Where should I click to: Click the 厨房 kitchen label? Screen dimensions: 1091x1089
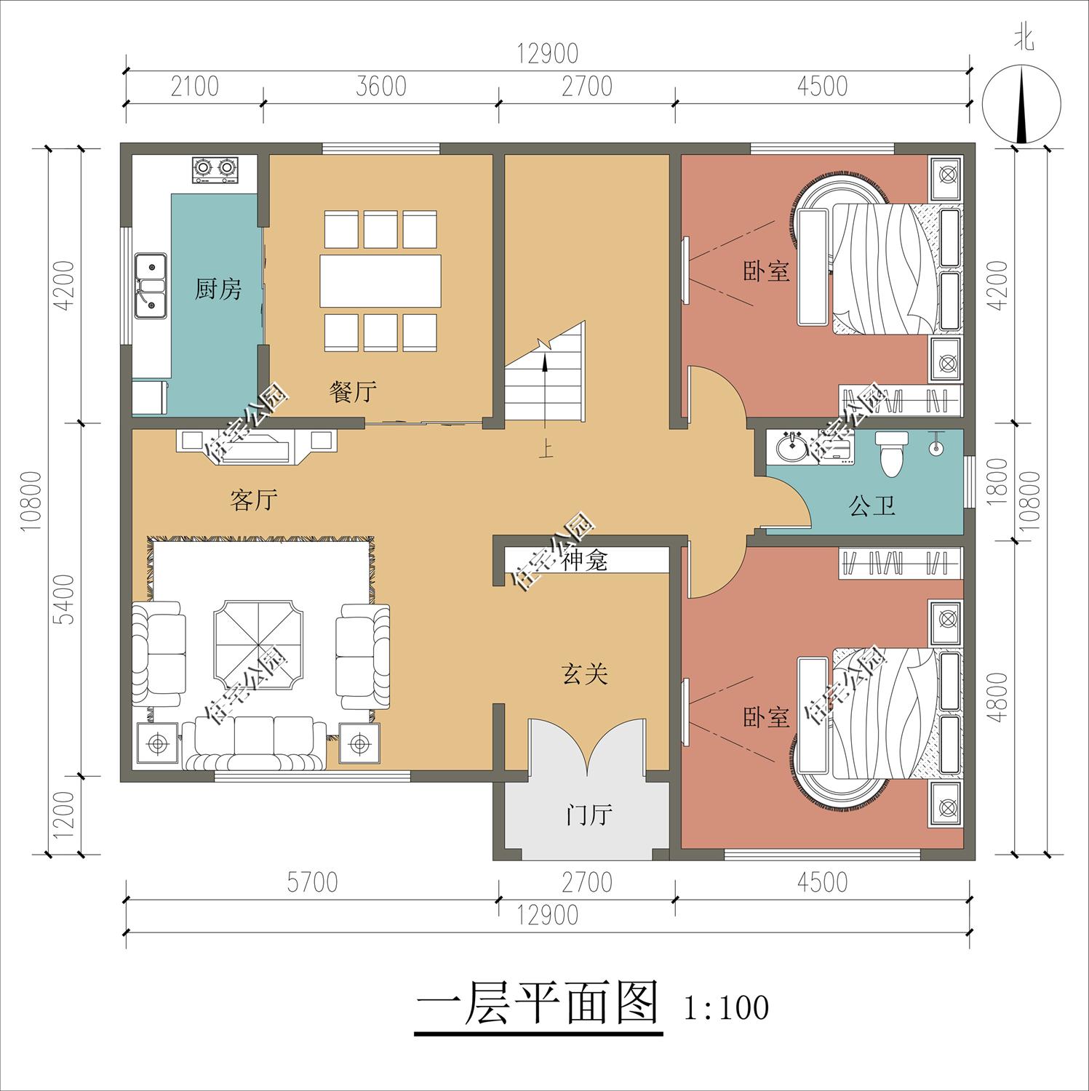tap(218, 289)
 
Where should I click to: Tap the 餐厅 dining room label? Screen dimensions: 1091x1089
tap(353, 393)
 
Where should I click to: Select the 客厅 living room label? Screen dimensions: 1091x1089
tap(253, 500)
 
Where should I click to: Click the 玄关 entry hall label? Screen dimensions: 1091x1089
tap(584, 674)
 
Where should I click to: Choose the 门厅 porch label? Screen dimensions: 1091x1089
tap(589, 815)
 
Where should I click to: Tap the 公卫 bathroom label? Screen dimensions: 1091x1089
tap(872, 505)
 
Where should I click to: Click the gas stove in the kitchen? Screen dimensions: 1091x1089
tap(215, 169)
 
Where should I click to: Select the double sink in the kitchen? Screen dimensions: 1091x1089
tap(151, 286)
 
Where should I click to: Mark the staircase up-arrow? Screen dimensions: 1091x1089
tap(544, 385)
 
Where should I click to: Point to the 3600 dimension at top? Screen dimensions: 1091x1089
tap(380, 87)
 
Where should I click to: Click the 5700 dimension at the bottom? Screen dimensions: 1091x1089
tap(312, 882)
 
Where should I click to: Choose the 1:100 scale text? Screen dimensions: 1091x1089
tap(725, 1007)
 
